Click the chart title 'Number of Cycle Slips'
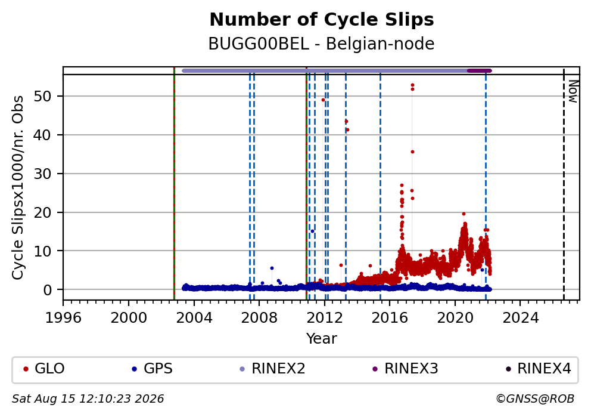point(322,20)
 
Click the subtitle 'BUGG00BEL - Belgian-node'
point(322,44)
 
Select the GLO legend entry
point(43,369)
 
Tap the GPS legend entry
point(153,369)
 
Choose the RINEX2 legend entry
point(272,369)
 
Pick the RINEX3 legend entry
point(405,369)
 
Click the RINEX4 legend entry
point(538,369)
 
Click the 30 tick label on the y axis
point(42,174)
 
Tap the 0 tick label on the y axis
point(48,290)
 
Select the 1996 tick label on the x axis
point(63,318)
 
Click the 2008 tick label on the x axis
point(259,318)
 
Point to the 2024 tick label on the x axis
point(521,318)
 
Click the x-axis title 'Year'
point(322,338)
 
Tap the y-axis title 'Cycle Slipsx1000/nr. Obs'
point(18,187)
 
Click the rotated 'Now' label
point(573,91)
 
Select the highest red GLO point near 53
point(412,85)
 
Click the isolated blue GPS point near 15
point(312,231)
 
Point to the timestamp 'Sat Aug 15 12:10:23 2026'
point(88,399)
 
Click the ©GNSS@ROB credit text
point(535,399)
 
